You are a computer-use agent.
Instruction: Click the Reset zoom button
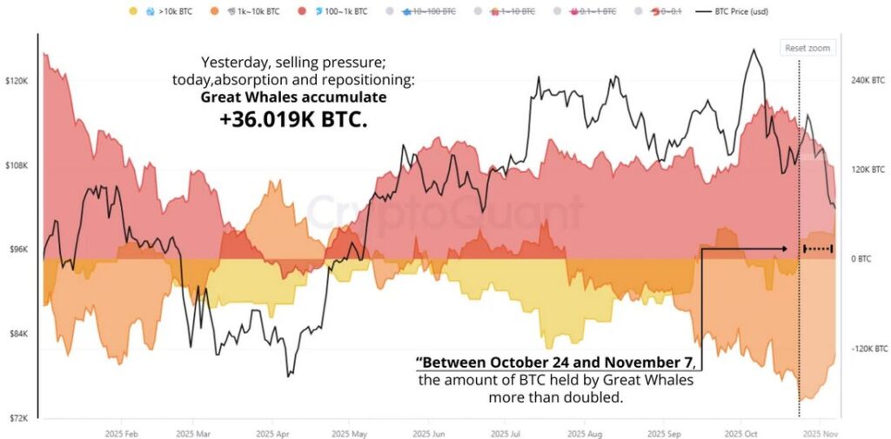click(807, 48)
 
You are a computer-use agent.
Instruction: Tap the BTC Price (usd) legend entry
click(733, 12)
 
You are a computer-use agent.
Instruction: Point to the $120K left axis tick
click(17, 81)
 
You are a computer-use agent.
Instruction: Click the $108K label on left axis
click(17, 165)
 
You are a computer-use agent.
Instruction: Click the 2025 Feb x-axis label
click(121, 433)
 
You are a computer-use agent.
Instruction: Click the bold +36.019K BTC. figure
click(293, 120)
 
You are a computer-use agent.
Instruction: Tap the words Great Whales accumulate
click(293, 97)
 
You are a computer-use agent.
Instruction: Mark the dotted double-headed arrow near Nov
click(818, 249)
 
